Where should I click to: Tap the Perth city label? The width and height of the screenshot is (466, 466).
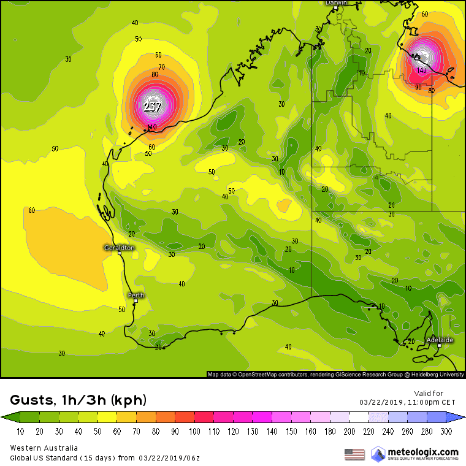coord(136,296)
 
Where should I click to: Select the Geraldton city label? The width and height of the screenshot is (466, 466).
coord(118,248)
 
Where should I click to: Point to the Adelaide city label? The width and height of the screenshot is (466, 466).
coord(440,340)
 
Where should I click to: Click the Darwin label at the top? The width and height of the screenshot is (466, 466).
coord(336,3)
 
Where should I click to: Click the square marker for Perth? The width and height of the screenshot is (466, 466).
coord(136,302)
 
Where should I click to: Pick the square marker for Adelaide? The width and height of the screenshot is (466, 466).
coord(439,346)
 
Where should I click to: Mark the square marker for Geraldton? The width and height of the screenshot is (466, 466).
coord(120,253)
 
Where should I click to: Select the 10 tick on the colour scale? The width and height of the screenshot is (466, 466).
coord(20,431)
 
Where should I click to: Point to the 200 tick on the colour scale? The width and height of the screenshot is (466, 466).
coord(350,431)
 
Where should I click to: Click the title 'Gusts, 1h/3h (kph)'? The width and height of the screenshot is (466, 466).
coord(78,401)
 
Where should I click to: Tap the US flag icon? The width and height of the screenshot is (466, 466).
coord(354,454)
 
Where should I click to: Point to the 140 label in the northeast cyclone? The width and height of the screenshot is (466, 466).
coord(421,71)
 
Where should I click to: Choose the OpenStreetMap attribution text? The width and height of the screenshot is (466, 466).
coord(334,374)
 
